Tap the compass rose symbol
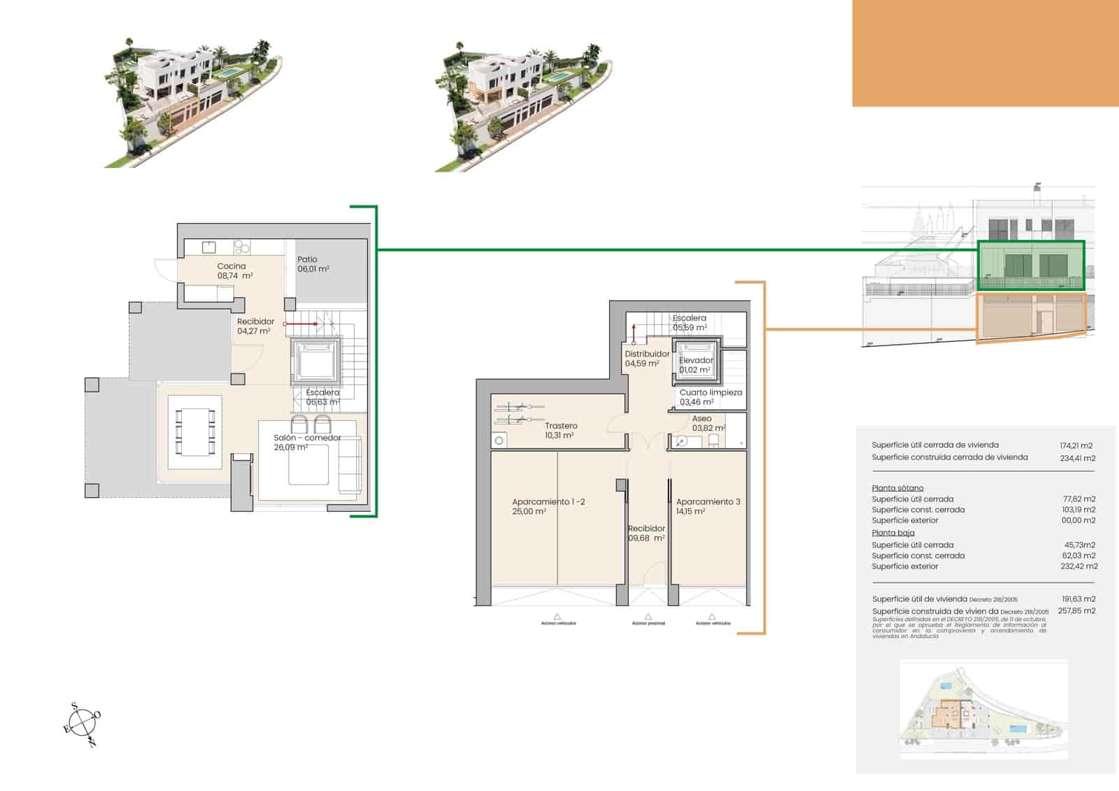(83, 722)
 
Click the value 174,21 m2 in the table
(1076, 446)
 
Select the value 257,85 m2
(1076, 611)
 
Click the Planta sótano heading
(897, 488)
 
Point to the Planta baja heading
(893, 533)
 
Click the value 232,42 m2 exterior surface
(1078, 566)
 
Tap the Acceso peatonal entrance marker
(648, 619)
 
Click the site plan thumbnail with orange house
(983, 711)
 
